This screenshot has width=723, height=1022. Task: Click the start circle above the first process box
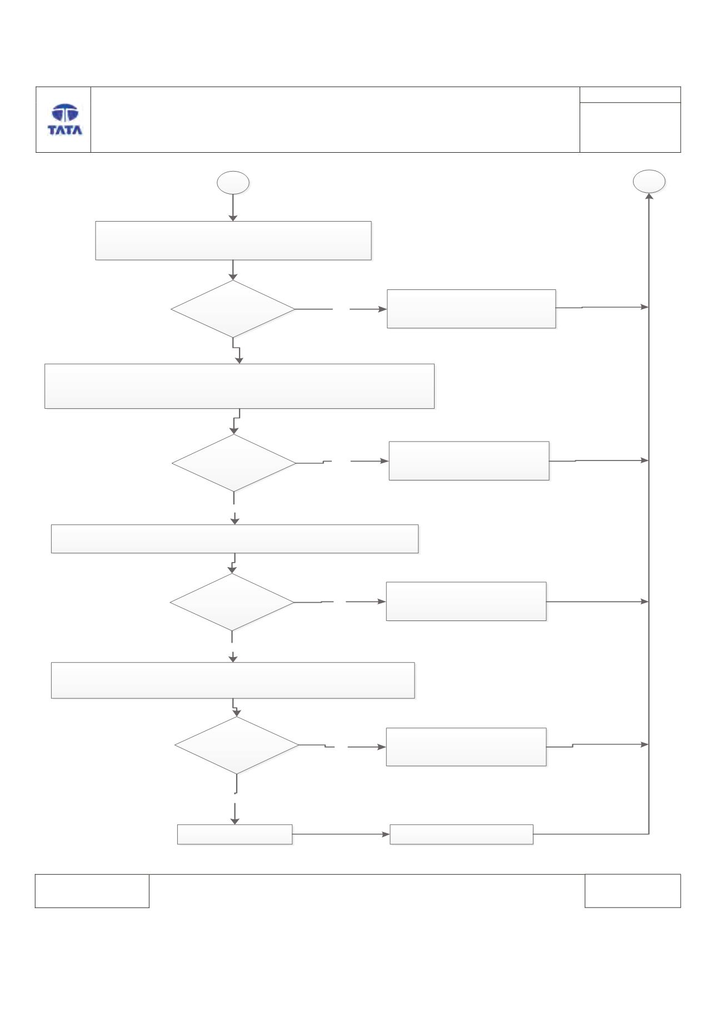(233, 183)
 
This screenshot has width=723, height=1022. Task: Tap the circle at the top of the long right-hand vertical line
(649, 181)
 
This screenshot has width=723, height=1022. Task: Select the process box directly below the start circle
(233, 241)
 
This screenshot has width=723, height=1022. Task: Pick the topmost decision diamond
(233, 308)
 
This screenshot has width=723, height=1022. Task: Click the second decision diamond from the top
(234, 462)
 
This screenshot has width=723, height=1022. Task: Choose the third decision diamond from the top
(232, 602)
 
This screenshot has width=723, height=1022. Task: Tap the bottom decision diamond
(237, 745)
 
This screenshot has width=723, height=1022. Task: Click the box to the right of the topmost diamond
(471, 309)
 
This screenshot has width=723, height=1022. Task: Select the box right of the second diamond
(469, 460)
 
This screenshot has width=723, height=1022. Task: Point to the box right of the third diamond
(466, 601)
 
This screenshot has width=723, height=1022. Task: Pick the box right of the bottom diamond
(466, 747)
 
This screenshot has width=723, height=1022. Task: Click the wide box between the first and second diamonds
(240, 386)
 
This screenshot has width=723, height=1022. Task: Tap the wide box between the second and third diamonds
(235, 539)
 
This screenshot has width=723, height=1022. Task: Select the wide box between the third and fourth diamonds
(233, 680)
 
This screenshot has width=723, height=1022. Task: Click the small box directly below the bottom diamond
(235, 834)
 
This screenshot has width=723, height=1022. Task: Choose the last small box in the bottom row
(461, 834)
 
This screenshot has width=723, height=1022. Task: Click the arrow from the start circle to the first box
(233, 208)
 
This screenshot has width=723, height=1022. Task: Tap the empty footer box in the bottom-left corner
(92, 891)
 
